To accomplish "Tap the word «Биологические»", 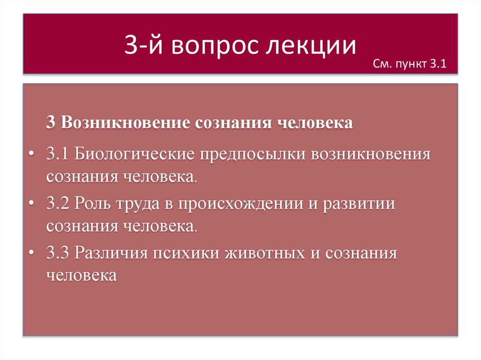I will pos(134,154).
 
